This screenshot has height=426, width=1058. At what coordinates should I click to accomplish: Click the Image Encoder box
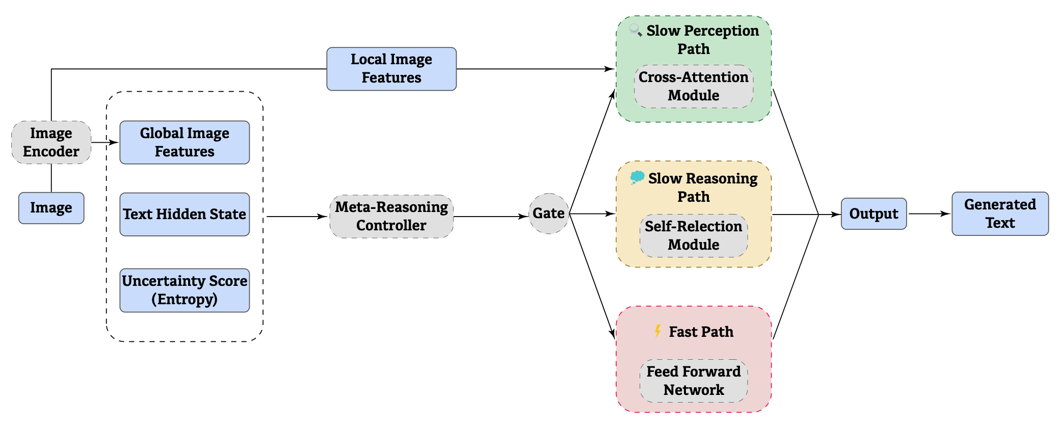[x=51, y=142]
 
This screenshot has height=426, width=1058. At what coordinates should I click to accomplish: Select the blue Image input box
[x=51, y=208]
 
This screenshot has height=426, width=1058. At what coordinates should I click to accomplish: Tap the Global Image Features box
[x=184, y=142]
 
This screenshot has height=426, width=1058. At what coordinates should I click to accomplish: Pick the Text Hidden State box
[x=184, y=214]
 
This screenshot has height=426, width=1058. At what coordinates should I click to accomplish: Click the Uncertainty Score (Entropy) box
[x=184, y=290]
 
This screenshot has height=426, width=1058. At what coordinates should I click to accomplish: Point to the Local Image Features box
[x=391, y=69]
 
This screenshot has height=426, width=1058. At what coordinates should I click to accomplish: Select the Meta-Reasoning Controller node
[x=391, y=216]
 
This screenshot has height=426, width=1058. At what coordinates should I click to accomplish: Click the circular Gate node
[x=548, y=214]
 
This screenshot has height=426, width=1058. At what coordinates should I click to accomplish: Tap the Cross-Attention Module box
[x=693, y=86]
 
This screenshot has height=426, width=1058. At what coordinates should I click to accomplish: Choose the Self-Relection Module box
[x=693, y=235]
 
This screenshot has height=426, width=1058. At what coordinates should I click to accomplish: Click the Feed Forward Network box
[x=693, y=381]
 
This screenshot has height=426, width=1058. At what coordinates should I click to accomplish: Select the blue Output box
[x=874, y=214]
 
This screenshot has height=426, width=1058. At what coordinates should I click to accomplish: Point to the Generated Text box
[x=999, y=214]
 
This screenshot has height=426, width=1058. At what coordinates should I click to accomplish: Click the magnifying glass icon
[x=635, y=30]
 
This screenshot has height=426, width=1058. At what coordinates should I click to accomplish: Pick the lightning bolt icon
[x=658, y=331]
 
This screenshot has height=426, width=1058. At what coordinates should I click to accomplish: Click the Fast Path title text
[x=701, y=332]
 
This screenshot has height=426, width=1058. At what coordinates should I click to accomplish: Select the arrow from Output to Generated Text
[x=929, y=214]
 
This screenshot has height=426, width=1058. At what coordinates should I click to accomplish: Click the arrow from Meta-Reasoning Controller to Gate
[x=490, y=217]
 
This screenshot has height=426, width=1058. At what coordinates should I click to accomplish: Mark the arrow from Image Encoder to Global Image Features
[x=105, y=142]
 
